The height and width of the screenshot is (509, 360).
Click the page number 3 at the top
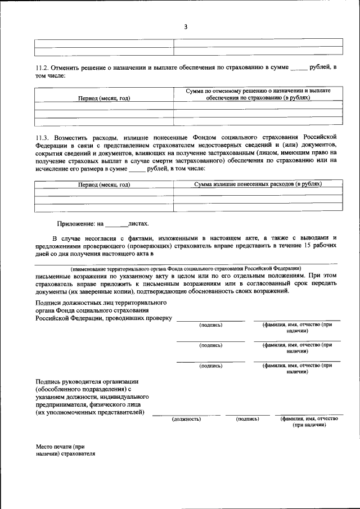pos(185,26)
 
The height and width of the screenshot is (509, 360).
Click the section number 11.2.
pos(42,68)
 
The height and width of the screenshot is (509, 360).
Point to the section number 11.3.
pos(42,137)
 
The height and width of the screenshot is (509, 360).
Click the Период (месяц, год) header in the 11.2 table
pos(104,98)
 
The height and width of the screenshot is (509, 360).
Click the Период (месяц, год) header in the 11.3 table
pos(104,184)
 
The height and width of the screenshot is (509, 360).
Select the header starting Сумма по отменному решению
pos(258,91)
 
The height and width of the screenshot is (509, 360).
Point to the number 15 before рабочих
pos(307,246)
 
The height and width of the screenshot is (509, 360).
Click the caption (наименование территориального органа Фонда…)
pos(186,268)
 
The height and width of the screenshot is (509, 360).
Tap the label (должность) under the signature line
pos(186,419)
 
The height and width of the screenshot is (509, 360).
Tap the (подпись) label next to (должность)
pos(247,419)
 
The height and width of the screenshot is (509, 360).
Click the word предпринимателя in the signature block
pos(62,404)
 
